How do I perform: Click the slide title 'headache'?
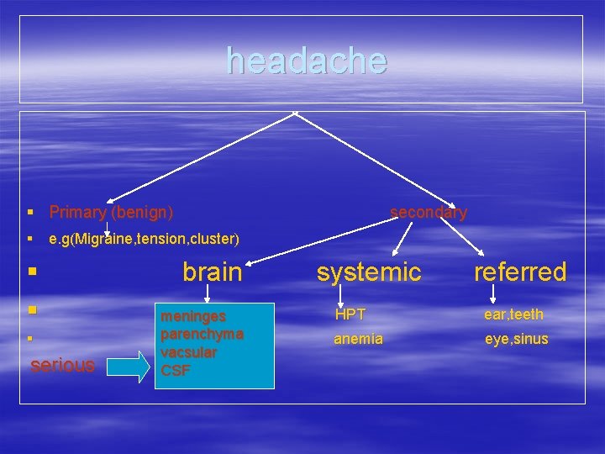coord(307,61)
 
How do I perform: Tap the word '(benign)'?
coord(143,212)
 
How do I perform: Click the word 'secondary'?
coord(429,212)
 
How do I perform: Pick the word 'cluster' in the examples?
coord(213,239)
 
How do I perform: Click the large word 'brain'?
coord(212,272)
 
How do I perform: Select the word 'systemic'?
coord(368,272)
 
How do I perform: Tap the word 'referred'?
coord(520,272)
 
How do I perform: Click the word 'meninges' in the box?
coord(193,317)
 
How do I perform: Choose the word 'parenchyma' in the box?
coord(202,334)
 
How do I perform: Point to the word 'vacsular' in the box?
coord(189,351)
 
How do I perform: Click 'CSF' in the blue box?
coord(175,369)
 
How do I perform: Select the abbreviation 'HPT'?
coord(350,314)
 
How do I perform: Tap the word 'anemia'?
coord(358,339)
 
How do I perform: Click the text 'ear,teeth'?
coord(513,314)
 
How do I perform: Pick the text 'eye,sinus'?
coord(516,339)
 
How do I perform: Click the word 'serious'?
coord(62,365)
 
